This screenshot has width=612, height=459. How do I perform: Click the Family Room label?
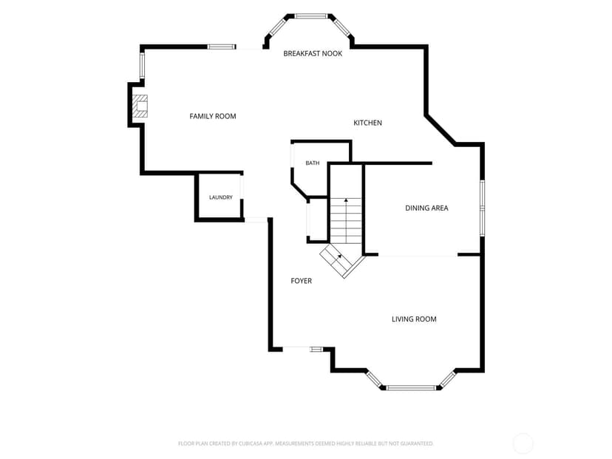(213, 116)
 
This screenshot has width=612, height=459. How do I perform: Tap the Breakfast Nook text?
(313, 53)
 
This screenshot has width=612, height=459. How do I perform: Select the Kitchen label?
(367, 123)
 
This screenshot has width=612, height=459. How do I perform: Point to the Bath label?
(312, 163)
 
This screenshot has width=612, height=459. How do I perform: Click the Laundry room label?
(220, 197)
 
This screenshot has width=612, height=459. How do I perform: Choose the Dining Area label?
(426, 208)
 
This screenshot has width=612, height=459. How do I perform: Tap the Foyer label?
(302, 281)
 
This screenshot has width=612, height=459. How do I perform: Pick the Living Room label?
(414, 319)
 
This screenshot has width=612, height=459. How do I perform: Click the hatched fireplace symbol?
(140, 106)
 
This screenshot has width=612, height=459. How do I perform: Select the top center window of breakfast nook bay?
(310, 16)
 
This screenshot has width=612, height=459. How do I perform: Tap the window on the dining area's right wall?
(483, 208)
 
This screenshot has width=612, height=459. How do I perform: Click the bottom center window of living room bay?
(411, 388)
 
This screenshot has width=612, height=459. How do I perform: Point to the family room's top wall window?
(221, 47)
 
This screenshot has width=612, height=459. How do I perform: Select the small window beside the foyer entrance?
(316, 350)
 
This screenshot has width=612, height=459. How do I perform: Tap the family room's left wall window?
(143, 65)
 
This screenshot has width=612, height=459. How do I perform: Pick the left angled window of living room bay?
(374, 379)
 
